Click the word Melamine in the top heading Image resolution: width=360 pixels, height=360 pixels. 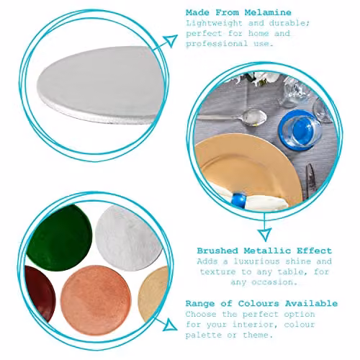pyautogui.click(x=268, y=12)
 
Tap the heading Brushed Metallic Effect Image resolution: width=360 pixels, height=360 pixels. pyautogui.click(x=264, y=251)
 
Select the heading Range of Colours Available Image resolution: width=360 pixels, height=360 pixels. pyautogui.click(x=261, y=303)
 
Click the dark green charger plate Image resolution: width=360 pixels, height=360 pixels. pyautogui.click(x=60, y=238)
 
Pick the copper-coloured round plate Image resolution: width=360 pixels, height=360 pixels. pyautogui.click(x=96, y=300)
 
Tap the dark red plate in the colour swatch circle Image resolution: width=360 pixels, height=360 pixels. pyautogui.click(x=40, y=294)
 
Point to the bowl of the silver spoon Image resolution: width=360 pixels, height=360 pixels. pyautogui.click(x=254, y=117)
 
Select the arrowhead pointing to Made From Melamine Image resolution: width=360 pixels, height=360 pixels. pyautogui.click(x=171, y=41)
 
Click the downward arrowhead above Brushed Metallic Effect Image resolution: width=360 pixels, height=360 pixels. pyautogui.click(x=264, y=235)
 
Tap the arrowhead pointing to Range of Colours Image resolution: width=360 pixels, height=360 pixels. pyautogui.click(x=170, y=325)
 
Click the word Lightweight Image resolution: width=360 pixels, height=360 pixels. pyautogui.click(x=214, y=23)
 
